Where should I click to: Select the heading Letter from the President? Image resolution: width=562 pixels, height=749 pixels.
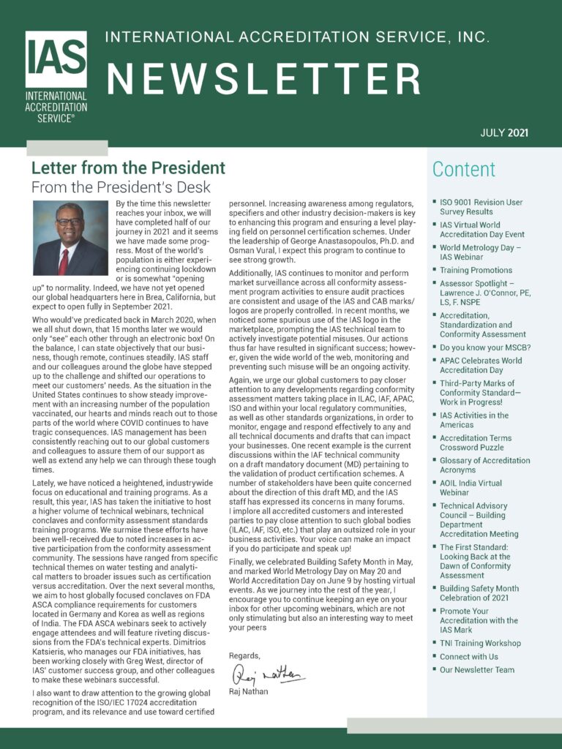tap(127, 169)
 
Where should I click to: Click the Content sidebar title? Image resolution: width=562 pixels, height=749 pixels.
tap(463, 170)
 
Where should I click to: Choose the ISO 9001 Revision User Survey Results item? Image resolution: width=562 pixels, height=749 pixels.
tap(481, 207)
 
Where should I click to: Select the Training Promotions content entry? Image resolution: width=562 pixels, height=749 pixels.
tap(476, 270)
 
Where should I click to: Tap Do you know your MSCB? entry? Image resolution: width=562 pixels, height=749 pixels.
tap(484, 347)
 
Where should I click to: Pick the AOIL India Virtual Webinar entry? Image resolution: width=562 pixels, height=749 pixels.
tap(471, 488)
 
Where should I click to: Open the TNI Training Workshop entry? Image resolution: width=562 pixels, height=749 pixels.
tap(480, 643)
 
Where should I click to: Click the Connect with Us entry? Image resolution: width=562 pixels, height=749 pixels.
tap(468, 656)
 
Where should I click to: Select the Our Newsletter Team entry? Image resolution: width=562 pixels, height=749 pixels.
tap(476, 669)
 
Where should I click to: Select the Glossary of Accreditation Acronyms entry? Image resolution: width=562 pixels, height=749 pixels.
tap(484, 465)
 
